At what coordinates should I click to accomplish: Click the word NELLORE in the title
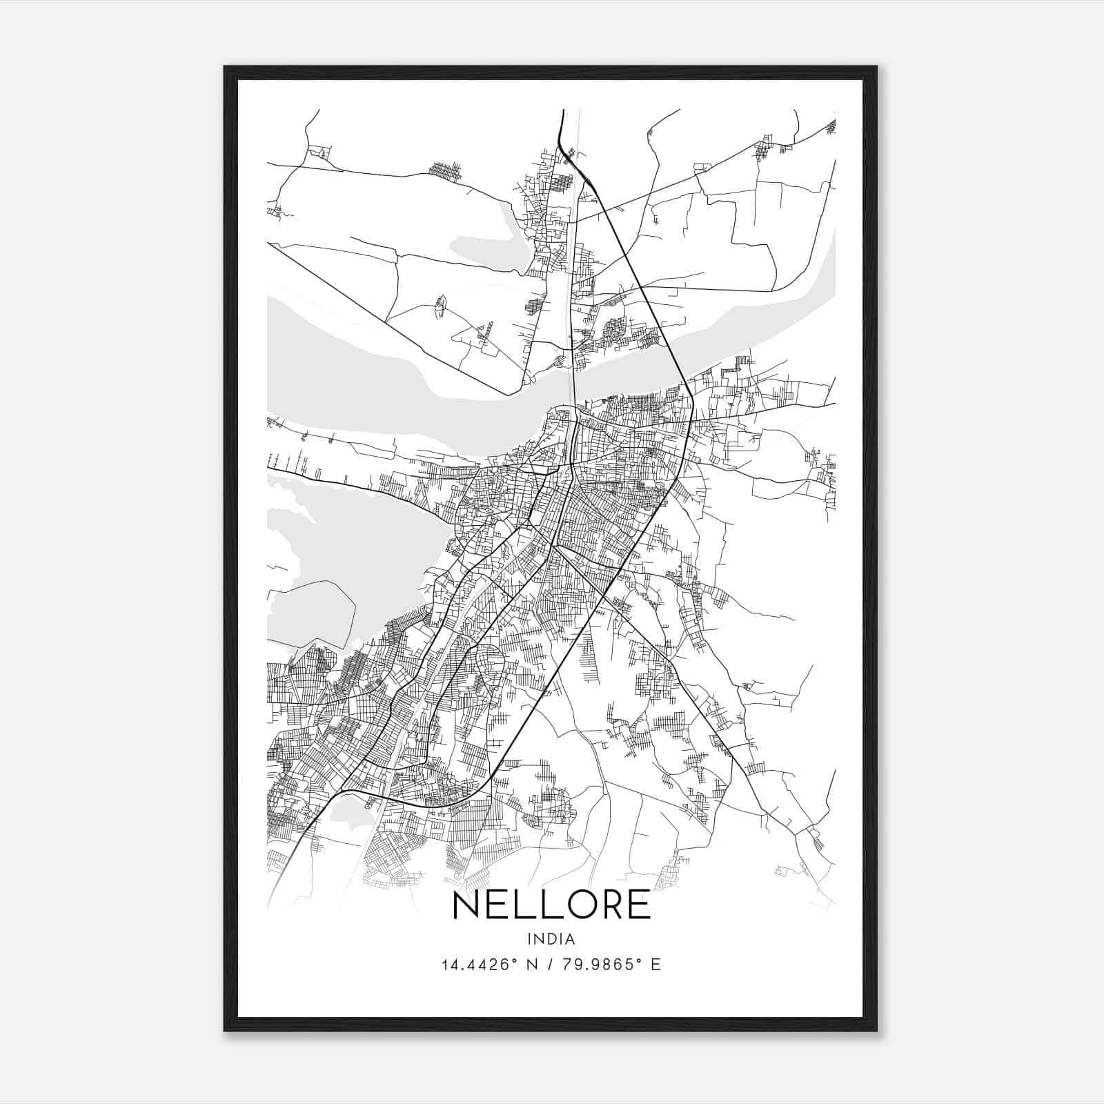(x=551, y=905)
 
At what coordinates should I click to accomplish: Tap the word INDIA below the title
(x=551, y=938)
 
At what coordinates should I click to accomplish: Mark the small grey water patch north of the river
(x=483, y=248)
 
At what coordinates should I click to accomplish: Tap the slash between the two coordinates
(x=550, y=965)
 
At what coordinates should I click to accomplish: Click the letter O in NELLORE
(x=570, y=905)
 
